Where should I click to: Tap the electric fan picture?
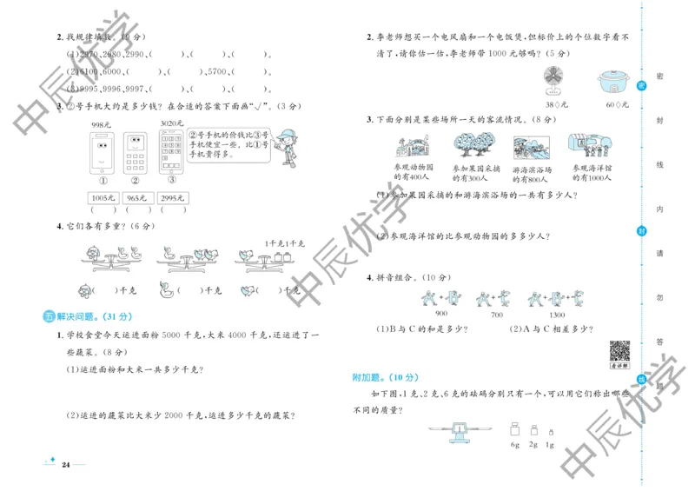(552, 79)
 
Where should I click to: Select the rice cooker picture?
(615, 81)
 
